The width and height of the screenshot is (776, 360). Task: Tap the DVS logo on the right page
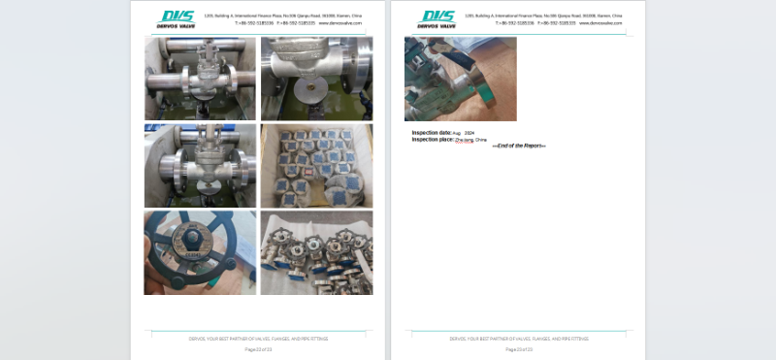point(436,18)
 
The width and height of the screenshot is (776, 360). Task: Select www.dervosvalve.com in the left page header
point(340,23)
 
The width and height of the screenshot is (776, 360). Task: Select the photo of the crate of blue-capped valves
point(316,165)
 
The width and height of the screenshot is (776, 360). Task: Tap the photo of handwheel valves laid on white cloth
point(316,252)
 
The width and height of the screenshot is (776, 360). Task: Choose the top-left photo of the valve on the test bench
point(200,78)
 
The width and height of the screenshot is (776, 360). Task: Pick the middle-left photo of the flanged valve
point(200,165)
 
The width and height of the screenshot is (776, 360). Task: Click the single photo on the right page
point(460,79)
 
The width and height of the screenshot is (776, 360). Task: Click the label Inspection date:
point(432,132)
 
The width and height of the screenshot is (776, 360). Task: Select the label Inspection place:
point(433,139)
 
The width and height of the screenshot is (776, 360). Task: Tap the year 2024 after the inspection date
point(469,132)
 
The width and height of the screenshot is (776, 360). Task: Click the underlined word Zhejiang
point(465,140)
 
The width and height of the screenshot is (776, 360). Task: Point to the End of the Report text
point(519,146)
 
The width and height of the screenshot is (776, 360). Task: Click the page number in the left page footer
point(258,348)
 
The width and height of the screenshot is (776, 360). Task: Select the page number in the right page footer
point(519,348)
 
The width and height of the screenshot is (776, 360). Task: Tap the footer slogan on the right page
point(519,339)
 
